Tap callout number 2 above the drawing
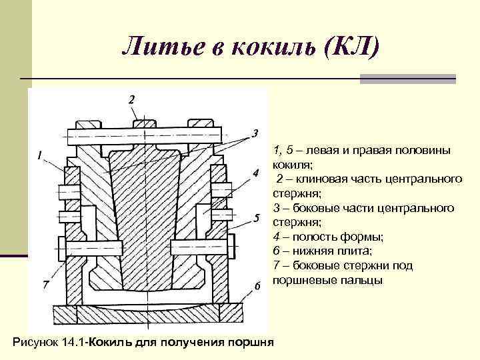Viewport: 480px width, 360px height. click(x=131, y=99)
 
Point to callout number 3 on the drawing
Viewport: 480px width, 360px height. click(x=255, y=132)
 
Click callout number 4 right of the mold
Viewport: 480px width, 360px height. click(x=255, y=174)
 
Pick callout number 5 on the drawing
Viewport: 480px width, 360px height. click(x=255, y=218)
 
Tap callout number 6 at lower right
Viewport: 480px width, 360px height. click(x=256, y=287)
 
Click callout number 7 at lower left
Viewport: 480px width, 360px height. click(x=45, y=285)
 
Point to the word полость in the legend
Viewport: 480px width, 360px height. click(x=310, y=237)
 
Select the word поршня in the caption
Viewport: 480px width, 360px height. click(x=251, y=343)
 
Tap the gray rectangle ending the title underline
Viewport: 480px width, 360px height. click(x=407, y=79)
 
